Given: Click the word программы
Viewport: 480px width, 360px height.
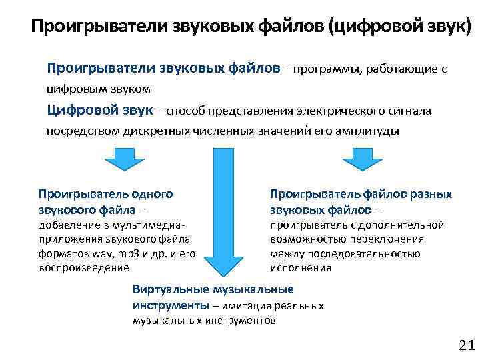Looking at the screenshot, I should point(323,68).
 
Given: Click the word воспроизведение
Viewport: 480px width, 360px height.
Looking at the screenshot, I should point(84,267).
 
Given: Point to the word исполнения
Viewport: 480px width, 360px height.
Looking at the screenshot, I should point(301,268).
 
